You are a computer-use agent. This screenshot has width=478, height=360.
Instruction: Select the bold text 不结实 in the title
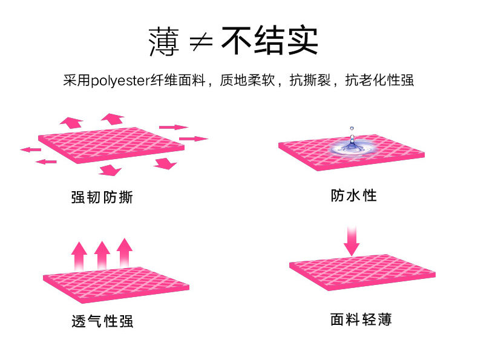point(270,41)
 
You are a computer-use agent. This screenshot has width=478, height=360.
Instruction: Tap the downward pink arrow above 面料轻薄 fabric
point(352,240)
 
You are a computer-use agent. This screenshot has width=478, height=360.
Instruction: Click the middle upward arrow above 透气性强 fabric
point(102,255)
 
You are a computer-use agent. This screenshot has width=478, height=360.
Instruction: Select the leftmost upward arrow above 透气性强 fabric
point(79,257)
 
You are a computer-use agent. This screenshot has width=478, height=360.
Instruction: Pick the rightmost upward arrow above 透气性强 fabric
point(125,253)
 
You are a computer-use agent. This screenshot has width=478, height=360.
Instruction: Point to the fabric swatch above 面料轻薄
point(362,273)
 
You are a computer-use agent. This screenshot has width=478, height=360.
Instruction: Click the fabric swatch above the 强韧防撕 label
point(112,146)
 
